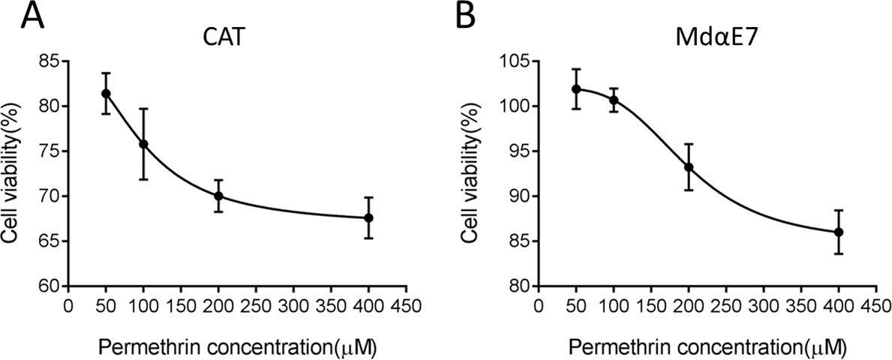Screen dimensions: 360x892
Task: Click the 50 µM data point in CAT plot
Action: [106, 93]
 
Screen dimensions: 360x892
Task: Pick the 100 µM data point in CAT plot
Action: [143, 144]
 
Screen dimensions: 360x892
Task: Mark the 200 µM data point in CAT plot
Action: [218, 196]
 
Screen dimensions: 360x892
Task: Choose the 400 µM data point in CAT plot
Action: [368, 217]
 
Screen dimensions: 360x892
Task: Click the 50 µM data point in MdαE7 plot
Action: [575, 88]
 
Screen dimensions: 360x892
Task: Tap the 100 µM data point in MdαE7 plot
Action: [613, 100]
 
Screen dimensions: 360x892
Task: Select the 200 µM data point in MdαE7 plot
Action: [688, 167]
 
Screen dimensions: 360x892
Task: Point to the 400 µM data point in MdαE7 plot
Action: [839, 232]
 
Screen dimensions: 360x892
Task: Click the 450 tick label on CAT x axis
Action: [406, 305]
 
